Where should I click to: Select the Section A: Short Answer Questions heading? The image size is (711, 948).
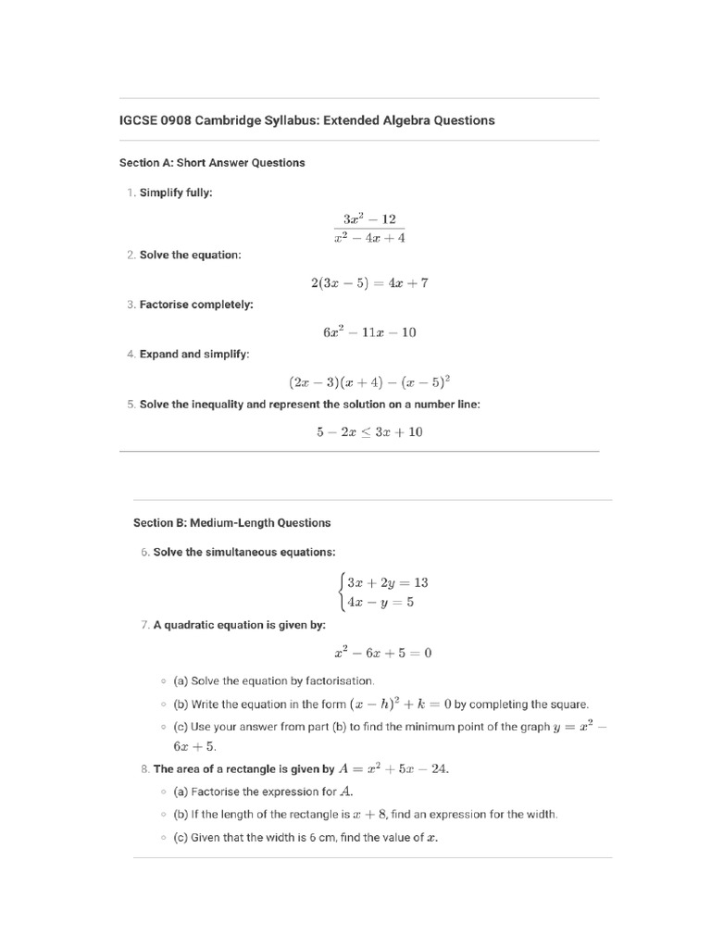tap(212, 163)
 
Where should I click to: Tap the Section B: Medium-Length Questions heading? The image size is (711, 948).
tap(231, 523)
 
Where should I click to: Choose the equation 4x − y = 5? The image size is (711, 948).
tap(380, 602)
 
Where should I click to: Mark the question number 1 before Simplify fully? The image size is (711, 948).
tap(131, 193)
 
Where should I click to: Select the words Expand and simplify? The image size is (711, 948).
tap(194, 354)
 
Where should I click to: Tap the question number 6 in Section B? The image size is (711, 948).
tap(144, 552)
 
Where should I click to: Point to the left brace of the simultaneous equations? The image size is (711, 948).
tap(342, 592)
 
